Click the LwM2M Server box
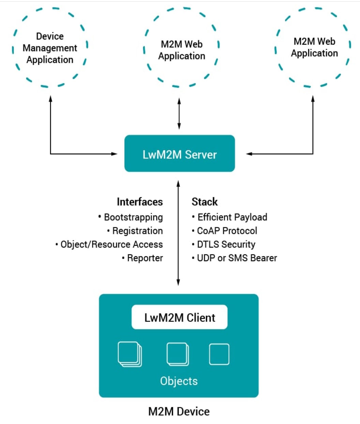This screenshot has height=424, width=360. pyautogui.click(x=179, y=153)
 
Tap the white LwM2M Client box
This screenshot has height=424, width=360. pyautogui.click(x=179, y=317)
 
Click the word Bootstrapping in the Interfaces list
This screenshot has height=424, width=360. pyautogui.click(x=133, y=217)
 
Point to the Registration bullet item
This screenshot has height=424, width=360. pyautogui.click(x=135, y=231)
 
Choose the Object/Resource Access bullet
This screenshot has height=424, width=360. pyautogui.click(x=109, y=244)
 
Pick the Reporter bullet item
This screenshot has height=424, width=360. pyautogui.click(x=142, y=258)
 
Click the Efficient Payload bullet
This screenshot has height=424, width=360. pyautogui.click(x=229, y=217)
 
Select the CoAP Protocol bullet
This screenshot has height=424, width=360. pyautogui.click(x=224, y=230)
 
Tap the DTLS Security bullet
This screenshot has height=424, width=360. pyautogui.click(x=224, y=244)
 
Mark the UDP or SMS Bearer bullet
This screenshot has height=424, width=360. pyautogui.click(x=234, y=258)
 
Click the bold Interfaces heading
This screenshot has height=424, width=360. pyautogui.click(x=140, y=202)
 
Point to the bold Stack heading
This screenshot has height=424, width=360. pyautogui.click(x=205, y=201)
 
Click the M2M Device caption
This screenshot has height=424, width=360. pyautogui.click(x=179, y=411)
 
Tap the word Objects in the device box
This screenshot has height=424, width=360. pyautogui.click(x=179, y=381)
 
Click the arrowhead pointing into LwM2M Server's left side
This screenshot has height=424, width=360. pyautogui.click(x=114, y=154)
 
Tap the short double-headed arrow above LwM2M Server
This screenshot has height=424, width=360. pyautogui.click(x=179, y=113)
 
